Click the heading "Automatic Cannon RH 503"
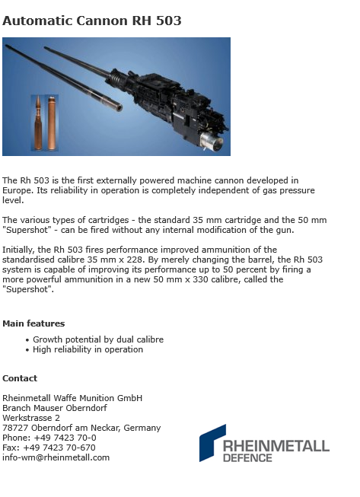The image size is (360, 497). point(92,21)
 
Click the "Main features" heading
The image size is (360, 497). point(33,323)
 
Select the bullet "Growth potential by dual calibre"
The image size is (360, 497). point(98,339)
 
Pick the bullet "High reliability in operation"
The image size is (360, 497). point(88,349)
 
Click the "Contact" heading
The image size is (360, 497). point(20,378)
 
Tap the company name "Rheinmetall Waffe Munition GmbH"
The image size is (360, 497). point(72,398)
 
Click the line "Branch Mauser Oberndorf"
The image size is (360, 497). point(55,408)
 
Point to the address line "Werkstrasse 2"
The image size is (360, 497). point(31,418)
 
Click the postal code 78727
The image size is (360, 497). point(14,428)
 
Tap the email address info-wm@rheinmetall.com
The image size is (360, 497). point(56,457)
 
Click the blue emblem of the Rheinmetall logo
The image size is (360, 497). point(212,442)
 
